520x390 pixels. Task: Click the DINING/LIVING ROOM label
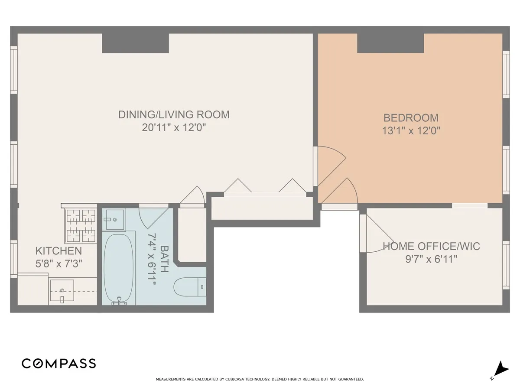click(174, 114)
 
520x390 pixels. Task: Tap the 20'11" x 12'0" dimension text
click(174, 127)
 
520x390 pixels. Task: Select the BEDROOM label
click(411, 117)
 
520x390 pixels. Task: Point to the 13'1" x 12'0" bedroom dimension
click(411, 130)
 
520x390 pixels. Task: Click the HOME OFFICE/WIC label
click(431, 247)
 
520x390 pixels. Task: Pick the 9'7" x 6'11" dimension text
click(431, 259)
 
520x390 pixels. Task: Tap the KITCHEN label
click(58, 250)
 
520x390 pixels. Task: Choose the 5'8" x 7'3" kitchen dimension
click(58, 263)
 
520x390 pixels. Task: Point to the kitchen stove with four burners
click(81, 225)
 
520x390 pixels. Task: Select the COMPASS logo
click(59, 363)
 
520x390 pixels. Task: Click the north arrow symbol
click(501, 369)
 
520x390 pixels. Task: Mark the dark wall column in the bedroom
click(390, 43)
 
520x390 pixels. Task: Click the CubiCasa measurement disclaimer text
click(260, 379)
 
